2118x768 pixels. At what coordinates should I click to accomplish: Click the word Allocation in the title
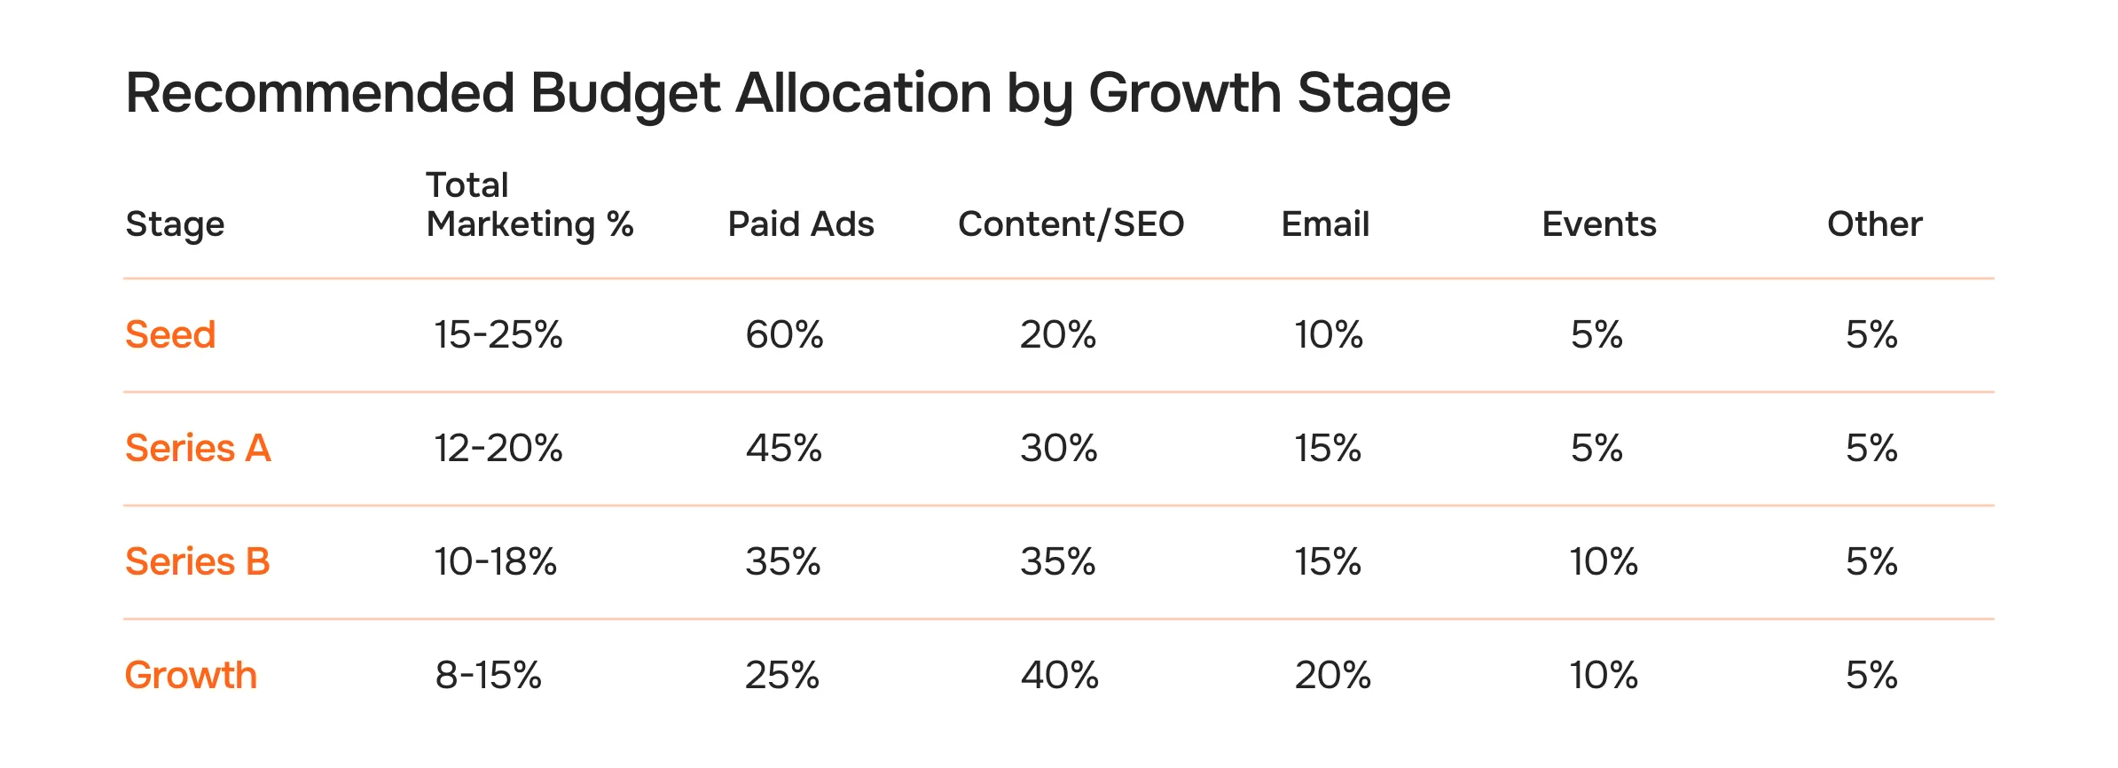pos(862,93)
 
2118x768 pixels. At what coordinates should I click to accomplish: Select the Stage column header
pos(175,224)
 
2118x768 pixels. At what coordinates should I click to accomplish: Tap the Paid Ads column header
pos(800,224)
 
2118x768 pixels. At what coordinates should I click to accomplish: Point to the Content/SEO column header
pos(1071,224)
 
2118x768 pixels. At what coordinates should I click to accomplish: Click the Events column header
pos(1598,224)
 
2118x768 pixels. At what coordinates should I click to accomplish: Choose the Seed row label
pos(170,335)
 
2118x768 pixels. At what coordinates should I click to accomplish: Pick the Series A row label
pos(198,449)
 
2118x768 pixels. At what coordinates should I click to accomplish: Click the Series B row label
pos(197,562)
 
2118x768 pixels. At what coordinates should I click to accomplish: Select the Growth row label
pos(191,676)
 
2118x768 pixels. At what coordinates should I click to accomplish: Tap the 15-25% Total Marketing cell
pos(498,335)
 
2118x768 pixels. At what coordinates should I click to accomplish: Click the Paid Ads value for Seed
pos(784,335)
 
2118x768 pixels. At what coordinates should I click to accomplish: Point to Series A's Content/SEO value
pos(1058,449)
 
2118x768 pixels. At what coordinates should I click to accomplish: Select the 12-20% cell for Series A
pos(498,449)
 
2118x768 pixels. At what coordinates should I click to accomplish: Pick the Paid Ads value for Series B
pos(782,562)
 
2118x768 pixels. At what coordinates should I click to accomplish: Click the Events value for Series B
pos(1603,562)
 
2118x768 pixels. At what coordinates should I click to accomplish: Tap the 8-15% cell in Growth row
pos(488,676)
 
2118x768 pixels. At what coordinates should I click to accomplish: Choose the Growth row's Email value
pos(1332,676)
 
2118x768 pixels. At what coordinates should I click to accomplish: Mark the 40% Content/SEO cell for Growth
pos(1059,676)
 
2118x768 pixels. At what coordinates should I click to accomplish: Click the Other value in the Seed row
pos(1871,335)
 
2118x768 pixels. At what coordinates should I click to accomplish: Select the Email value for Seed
pos(1328,335)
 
